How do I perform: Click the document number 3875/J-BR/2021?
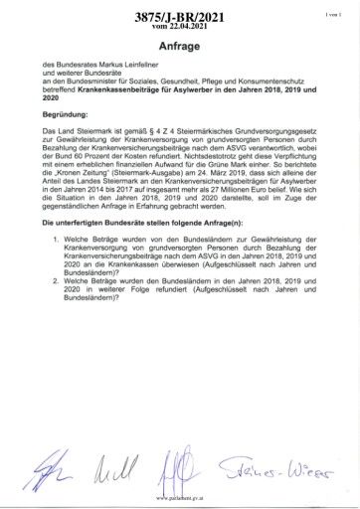pos(179,18)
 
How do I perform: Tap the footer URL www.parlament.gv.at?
pos(180,500)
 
